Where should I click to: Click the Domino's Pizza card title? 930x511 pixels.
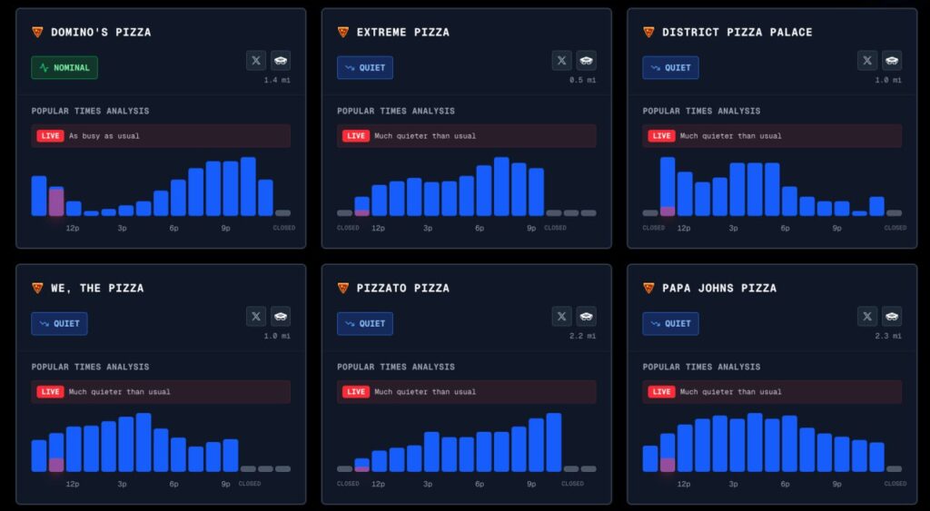pyautogui.click(x=101, y=32)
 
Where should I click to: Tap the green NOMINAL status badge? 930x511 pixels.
pyautogui.click(x=64, y=67)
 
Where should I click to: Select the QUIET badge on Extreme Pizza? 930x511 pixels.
pyautogui.click(x=365, y=67)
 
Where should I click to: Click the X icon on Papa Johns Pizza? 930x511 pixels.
pyautogui.click(x=867, y=316)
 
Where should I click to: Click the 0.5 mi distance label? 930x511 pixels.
pyautogui.click(x=583, y=81)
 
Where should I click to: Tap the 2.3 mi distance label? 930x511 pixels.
pyautogui.click(x=889, y=337)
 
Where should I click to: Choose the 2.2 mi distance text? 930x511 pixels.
pyautogui.click(x=583, y=337)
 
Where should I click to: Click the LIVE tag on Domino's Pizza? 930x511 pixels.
pyautogui.click(x=50, y=136)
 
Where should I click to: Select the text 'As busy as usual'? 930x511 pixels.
pyautogui.click(x=104, y=136)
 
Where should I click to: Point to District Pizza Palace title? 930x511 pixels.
pyautogui.click(x=737, y=32)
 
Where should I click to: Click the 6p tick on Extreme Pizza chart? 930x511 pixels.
pyautogui.click(x=480, y=228)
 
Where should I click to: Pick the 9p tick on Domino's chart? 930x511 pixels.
pyautogui.click(x=226, y=228)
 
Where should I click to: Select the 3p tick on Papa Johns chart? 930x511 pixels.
pyautogui.click(x=734, y=484)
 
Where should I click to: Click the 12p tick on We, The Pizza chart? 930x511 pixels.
pyautogui.click(x=73, y=484)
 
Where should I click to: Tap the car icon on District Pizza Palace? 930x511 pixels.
pyautogui.click(x=892, y=60)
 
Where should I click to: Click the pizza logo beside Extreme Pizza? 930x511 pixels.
pyautogui.click(x=343, y=32)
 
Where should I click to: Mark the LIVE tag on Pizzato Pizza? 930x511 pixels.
pyautogui.click(x=356, y=392)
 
